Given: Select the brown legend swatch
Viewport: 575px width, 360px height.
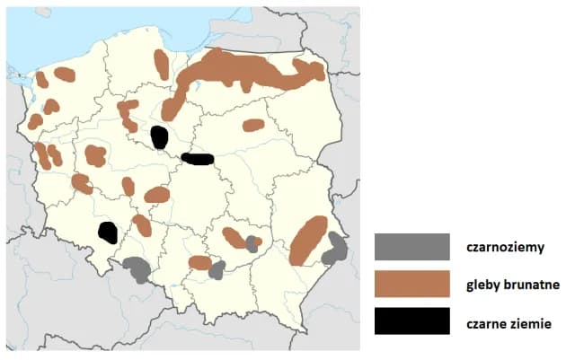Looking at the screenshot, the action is click(412, 285).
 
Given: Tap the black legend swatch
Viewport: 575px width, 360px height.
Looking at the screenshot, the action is click(412, 320).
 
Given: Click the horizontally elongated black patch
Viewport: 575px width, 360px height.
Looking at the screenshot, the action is click(197, 159).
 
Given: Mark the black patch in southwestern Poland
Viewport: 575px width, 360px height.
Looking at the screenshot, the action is click(108, 233).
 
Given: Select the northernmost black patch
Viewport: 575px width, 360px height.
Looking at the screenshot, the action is click(159, 137).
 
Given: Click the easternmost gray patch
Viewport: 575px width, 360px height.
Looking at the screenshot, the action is click(335, 247).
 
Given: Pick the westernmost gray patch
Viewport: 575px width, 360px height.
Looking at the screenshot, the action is click(137, 268).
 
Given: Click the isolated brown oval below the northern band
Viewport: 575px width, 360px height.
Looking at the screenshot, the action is click(253, 125).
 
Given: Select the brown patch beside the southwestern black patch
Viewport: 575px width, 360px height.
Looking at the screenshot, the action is click(142, 224).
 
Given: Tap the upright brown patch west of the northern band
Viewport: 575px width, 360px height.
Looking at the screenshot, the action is click(162, 64).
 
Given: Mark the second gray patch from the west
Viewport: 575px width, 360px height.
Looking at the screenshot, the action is click(217, 269).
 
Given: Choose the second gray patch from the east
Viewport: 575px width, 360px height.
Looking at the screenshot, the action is click(252, 243).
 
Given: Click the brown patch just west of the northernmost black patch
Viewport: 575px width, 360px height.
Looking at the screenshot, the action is click(128, 115).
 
